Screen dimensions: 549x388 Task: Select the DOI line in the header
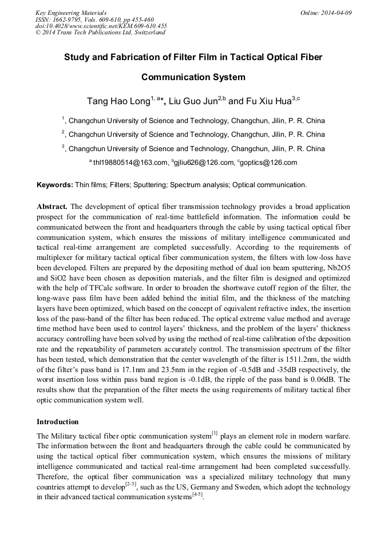point(101,26)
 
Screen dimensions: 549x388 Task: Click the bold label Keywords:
point(55,185)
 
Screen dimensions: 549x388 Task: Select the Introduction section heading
point(58,422)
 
